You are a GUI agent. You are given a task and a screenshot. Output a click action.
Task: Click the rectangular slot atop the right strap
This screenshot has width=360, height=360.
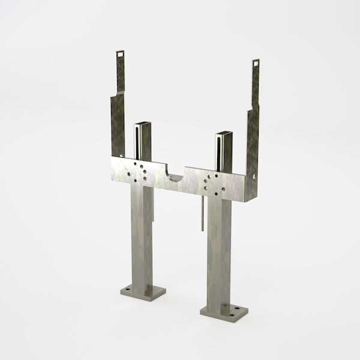click(256, 62)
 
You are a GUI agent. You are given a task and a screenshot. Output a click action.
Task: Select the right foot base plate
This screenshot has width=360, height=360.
click(223, 311)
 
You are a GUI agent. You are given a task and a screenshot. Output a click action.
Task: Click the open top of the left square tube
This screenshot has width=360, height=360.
click(142, 125)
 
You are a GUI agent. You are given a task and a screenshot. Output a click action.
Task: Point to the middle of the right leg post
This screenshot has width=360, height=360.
click(217, 252)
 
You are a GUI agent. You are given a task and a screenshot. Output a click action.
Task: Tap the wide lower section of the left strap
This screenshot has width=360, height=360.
click(117, 126)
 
